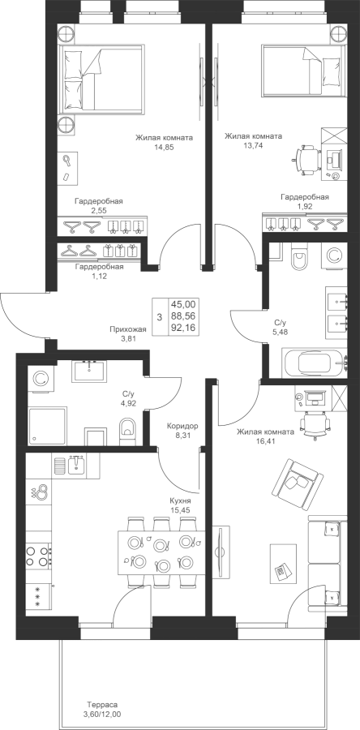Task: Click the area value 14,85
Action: pyautogui.click(x=164, y=147)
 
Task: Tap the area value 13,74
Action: pyautogui.click(x=253, y=145)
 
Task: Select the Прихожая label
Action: pyautogui.click(x=128, y=329)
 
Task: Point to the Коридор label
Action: pyautogui.click(x=182, y=426)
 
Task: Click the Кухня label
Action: pyautogui.click(x=181, y=501)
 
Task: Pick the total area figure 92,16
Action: pyautogui.click(x=183, y=328)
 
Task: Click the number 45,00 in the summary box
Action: pyautogui.click(x=183, y=304)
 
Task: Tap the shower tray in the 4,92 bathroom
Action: pyautogui.click(x=48, y=426)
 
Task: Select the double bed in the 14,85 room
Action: pyautogui.click(x=100, y=79)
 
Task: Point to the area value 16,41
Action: pyautogui.click(x=265, y=442)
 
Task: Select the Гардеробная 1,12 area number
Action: pyautogui.click(x=99, y=276)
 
